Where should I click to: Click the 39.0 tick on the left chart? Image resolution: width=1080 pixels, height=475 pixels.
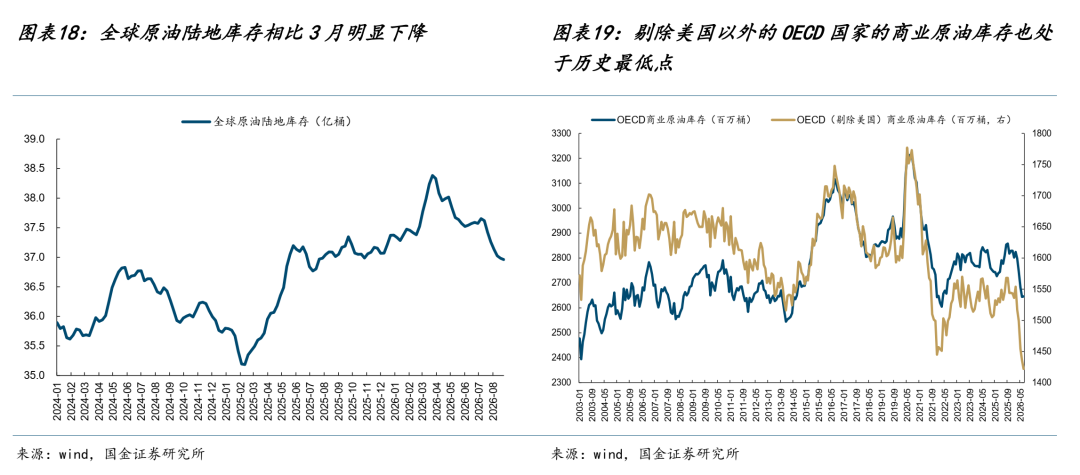34,139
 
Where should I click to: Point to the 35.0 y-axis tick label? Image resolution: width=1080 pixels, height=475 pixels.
34,376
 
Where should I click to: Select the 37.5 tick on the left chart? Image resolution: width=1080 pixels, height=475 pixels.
34,228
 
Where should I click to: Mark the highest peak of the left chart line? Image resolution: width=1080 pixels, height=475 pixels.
433,175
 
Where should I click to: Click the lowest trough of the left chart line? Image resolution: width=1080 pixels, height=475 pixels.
242,364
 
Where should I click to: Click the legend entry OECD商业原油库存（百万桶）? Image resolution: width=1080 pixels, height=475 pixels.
670,118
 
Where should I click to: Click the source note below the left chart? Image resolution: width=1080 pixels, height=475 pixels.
110,454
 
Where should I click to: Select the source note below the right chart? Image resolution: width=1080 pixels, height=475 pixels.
646,454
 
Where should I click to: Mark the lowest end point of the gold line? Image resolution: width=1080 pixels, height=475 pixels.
1023,369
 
